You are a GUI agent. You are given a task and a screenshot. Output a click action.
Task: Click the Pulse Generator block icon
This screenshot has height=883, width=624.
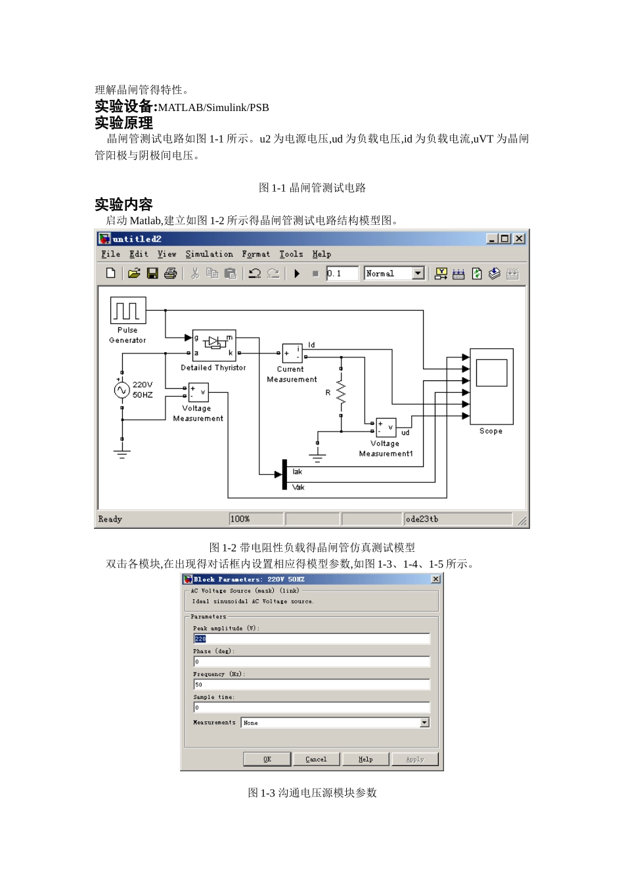[x=127, y=310]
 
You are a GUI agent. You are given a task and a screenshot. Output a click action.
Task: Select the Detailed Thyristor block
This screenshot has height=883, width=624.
[x=213, y=346]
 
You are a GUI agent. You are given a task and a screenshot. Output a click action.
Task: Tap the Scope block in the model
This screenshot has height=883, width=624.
[x=491, y=386]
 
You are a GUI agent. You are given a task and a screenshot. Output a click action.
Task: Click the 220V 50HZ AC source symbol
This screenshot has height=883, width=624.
[x=122, y=390]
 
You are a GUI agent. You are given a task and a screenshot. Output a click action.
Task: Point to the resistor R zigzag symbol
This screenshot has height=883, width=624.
[x=340, y=393]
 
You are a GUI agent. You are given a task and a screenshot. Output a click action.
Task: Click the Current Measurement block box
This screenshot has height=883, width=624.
[x=292, y=353]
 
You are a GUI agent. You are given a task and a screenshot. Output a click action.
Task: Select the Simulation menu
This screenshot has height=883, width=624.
[x=209, y=254]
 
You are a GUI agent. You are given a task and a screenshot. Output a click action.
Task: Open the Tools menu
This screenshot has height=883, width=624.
[x=291, y=254]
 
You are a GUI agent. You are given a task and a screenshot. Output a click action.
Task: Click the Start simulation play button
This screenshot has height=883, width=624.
[x=297, y=273]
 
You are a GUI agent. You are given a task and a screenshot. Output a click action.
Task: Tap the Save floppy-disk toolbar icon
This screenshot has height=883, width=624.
[x=152, y=273]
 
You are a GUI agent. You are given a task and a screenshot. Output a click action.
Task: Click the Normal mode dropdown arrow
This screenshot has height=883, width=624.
[x=418, y=273]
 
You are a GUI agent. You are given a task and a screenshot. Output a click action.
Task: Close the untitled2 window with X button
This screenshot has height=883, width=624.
[x=519, y=238]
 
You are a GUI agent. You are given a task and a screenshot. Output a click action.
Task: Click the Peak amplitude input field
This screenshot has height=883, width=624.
[x=311, y=639]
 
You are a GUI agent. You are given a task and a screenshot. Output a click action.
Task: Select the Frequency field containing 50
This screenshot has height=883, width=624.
[x=311, y=685]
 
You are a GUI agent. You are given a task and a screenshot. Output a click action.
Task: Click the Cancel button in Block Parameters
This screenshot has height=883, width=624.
[x=316, y=759]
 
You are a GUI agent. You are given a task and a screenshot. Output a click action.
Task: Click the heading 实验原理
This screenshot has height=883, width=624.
[x=123, y=123]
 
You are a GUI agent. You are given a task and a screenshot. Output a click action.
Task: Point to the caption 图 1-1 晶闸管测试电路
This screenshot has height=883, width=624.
[x=312, y=188]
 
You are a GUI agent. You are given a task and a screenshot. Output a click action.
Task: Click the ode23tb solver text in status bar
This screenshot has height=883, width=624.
[x=422, y=519]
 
